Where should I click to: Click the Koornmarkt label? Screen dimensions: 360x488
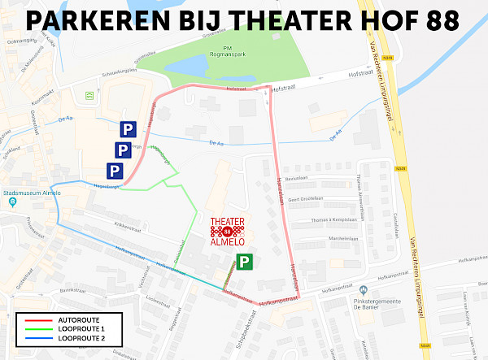tap(41, 105)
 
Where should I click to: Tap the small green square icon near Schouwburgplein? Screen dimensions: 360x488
tap(89, 95)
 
